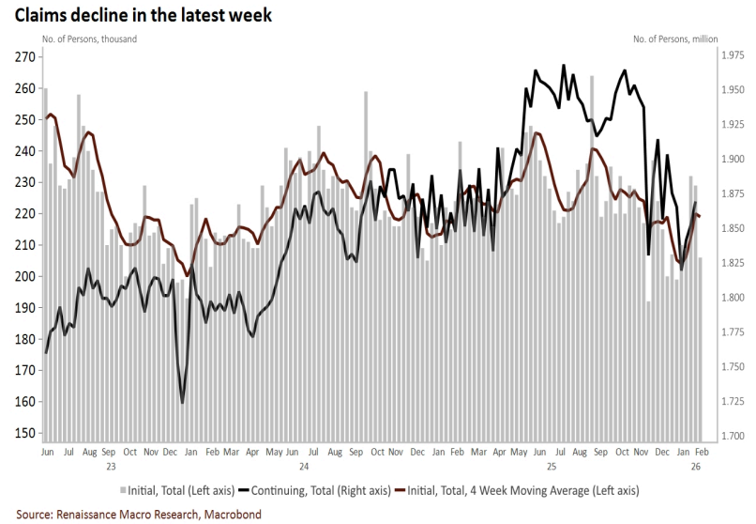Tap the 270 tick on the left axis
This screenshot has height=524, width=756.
[24, 57]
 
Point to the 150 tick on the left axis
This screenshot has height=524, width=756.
[24, 433]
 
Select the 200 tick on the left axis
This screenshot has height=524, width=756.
[24, 276]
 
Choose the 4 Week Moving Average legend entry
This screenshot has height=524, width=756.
[519, 490]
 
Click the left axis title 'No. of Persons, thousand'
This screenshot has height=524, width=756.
[89, 39]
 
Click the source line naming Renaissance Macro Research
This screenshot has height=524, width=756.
[138, 514]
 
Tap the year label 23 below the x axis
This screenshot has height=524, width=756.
[110, 466]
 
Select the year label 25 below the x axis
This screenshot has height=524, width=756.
[551, 466]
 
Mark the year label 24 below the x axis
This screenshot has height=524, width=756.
[304, 466]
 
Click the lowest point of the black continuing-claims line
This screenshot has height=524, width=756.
[182, 402]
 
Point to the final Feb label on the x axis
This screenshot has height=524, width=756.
[701, 452]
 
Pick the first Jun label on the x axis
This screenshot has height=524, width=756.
[47, 452]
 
